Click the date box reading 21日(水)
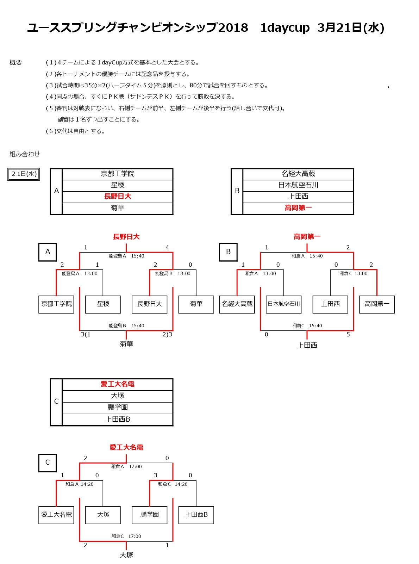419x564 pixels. click(23, 174)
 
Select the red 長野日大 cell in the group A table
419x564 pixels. click(118, 197)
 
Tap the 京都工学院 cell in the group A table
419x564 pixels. click(118, 174)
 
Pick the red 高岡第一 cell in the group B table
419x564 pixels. click(298, 208)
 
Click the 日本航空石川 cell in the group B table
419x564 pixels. click(298, 185)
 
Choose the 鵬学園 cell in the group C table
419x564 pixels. click(118, 407)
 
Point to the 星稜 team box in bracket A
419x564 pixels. click(103, 304)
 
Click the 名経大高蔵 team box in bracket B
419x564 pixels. click(237, 304)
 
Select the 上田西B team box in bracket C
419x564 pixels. click(196, 515)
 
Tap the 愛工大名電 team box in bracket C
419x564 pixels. click(56, 515)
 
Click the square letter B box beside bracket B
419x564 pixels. click(228, 252)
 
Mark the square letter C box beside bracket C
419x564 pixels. click(48, 463)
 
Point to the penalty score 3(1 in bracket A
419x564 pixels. click(86, 334)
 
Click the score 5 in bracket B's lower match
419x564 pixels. click(348, 334)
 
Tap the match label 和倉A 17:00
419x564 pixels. click(126, 466)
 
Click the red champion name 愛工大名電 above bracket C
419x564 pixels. click(126, 447)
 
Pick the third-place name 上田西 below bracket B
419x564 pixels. click(307, 345)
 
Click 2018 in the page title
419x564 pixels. click(233, 27)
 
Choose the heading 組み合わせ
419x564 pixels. click(25, 154)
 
